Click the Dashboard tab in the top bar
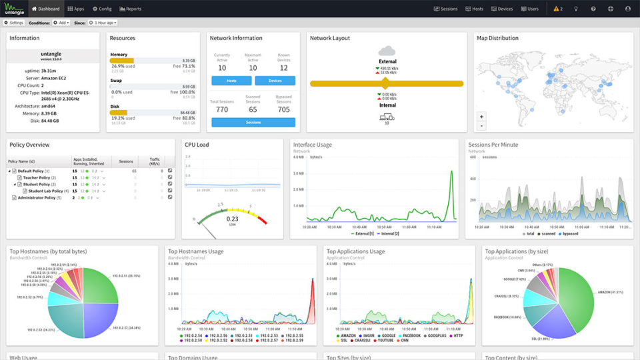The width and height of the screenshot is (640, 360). pos(45,9)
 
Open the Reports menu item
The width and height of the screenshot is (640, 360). pos(131,9)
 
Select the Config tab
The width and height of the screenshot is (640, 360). pos(103,9)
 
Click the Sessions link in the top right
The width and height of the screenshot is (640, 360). pos(446,9)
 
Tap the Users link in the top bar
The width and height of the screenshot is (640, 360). pos(529,9)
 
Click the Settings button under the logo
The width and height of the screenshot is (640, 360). pos(14,23)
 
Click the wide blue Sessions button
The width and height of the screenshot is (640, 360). pos(253,122)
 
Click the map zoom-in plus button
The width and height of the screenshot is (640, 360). pos(481,116)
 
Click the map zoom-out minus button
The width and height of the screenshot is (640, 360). pos(481,125)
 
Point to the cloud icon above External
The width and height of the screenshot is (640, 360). pos(387,51)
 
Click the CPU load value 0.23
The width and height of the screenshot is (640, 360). pos(232,219)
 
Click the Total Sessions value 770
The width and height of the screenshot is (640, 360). pos(222,109)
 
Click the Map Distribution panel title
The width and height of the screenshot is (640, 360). pos(497,38)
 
